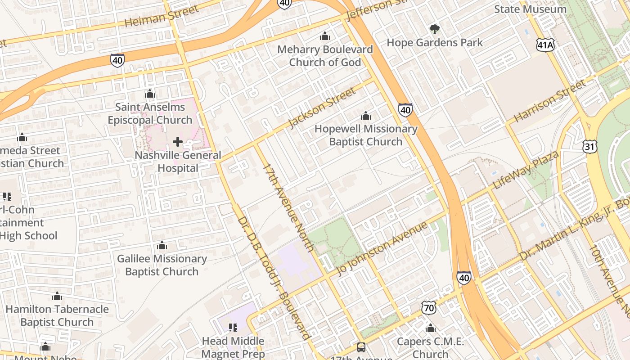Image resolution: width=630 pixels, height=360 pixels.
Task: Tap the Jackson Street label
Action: click(x=322, y=108)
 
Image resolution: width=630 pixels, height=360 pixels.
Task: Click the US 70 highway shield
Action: click(x=429, y=308)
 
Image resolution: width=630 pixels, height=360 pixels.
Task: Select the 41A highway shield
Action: click(x=545, y=44)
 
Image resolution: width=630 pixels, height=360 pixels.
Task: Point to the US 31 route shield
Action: click(x=589, y=146)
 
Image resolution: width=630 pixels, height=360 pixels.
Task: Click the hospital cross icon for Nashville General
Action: click(x=178, y=142)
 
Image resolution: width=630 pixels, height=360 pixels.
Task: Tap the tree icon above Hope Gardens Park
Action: click(x=434, y=30)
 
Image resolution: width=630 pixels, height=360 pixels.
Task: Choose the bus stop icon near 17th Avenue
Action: click(x=361, y=347)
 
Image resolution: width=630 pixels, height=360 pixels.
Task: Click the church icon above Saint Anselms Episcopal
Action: click(x=150, y=94)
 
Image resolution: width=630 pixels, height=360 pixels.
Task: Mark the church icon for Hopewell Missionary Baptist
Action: click(x=366, y=116)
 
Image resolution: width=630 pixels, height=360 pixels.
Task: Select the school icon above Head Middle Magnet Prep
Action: click(x=233, y=327)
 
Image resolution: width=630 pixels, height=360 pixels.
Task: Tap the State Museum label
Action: click(x=530, y=9)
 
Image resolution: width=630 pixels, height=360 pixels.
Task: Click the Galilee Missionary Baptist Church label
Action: click(x=162, y=265)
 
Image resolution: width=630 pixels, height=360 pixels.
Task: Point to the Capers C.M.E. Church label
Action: click(x=430, y=347)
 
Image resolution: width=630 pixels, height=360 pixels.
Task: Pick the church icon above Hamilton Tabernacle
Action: click(x=57, y=296)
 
